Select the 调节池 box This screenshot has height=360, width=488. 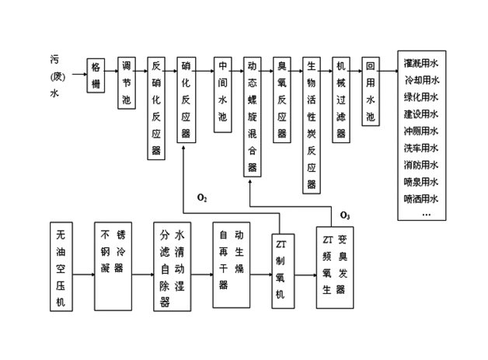(x=127, y=82)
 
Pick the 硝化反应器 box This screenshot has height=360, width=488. (x=185, y=99)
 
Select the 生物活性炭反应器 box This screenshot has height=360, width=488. (x=311, y=124)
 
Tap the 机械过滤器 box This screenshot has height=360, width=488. (x=340, y=99)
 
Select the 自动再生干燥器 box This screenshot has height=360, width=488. (x=232, y=260)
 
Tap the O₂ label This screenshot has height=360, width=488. (x=202, y=200)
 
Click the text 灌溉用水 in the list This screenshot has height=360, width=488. (x=421, y=63)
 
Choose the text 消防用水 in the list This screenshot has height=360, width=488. (x=421, y=165)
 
